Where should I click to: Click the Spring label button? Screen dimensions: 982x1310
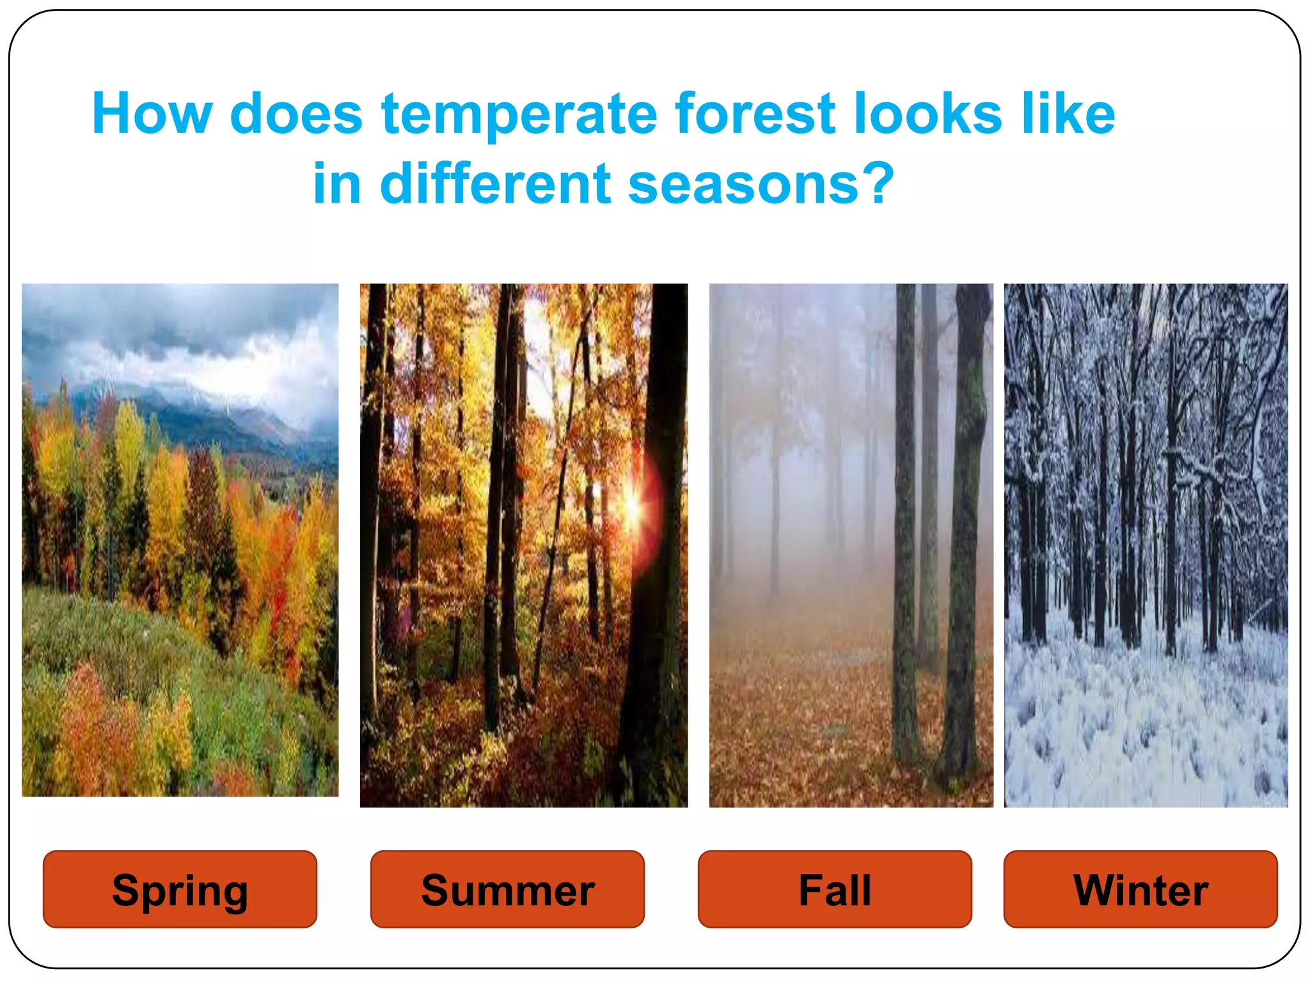[180, 889]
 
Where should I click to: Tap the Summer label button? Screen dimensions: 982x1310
[507, 889]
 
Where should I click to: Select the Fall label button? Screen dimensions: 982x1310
[835, 889]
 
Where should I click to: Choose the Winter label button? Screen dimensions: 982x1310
[1140, 889]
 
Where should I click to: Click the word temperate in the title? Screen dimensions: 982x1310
[519, 115]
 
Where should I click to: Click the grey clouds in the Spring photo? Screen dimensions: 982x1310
[160, 326]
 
